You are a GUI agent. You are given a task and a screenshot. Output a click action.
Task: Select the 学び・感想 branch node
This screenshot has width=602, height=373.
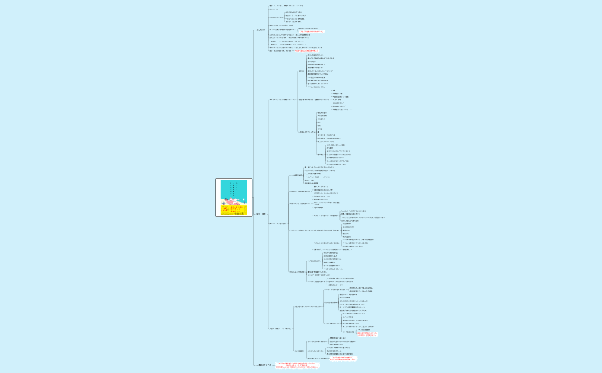(x=261, y=214)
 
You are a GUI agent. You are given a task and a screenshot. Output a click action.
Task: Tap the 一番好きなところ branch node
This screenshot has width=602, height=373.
(x=264, y=365)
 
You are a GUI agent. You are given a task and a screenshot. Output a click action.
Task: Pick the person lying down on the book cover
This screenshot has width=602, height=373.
(x=232, y=201)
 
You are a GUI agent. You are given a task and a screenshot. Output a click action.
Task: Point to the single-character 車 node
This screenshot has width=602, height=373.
(x=319, y=131)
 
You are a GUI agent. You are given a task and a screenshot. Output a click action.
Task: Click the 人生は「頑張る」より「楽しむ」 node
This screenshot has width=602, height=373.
(x=280, y=328)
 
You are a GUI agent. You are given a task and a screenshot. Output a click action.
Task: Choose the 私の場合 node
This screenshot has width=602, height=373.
(x=320, y=154)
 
